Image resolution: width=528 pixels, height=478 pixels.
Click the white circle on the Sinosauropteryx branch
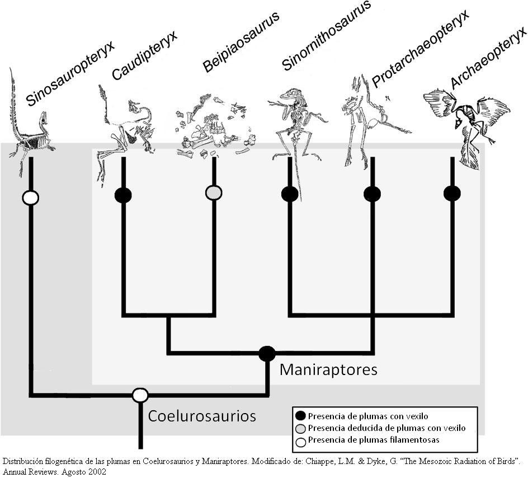tap(30, 198)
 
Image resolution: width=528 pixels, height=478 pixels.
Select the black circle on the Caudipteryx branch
tap(123, 195)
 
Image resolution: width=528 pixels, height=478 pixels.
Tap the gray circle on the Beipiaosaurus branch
tap(214, 193)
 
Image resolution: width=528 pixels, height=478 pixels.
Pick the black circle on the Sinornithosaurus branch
tap(290, 194)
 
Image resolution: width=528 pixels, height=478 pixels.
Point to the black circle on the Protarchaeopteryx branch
tap(373, 194)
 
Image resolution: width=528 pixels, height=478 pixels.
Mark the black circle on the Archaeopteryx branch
tap(452, 193)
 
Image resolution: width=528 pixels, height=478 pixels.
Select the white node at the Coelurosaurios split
tap(140, 395)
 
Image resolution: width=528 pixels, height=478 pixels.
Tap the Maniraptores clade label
tap(328, 370)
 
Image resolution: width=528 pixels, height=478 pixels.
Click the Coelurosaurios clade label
tap(202, 416)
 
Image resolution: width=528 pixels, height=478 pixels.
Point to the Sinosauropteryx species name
tap(70, 73)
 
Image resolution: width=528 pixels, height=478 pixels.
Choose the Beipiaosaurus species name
tap(241, 42)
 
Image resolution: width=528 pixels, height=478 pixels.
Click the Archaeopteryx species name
tap(488, 58)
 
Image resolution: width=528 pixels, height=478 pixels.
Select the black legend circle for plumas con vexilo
tap(300, 416)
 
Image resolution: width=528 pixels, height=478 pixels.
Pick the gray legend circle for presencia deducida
tap(300, 429)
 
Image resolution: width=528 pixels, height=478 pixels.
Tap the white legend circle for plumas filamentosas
tap(300, 441)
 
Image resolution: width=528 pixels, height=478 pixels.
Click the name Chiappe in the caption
tap(317, 461)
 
